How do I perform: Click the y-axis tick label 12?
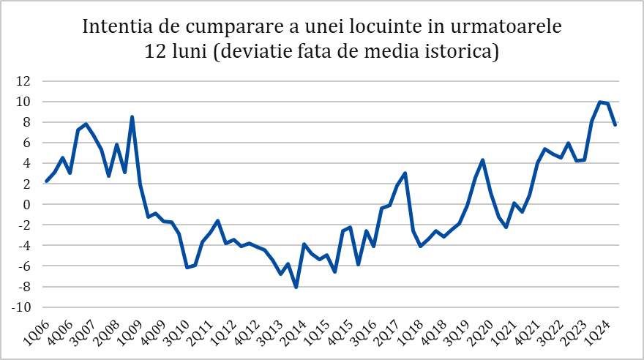point(24,81)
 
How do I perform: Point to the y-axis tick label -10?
point(22,307)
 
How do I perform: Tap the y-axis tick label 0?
point(27,205)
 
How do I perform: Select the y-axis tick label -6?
point(24,266)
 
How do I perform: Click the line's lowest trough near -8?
point(296,288)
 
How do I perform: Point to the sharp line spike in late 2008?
point(132,116)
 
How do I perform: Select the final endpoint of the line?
point(615,125)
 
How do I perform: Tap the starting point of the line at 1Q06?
point(46,181)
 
